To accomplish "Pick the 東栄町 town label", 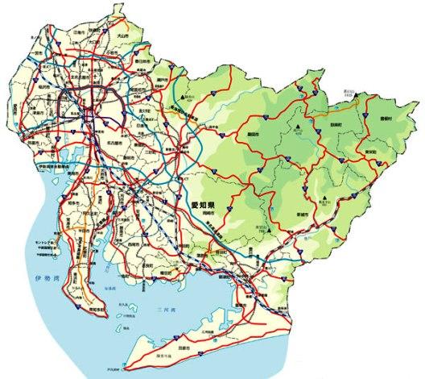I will (x=370, y=151).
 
